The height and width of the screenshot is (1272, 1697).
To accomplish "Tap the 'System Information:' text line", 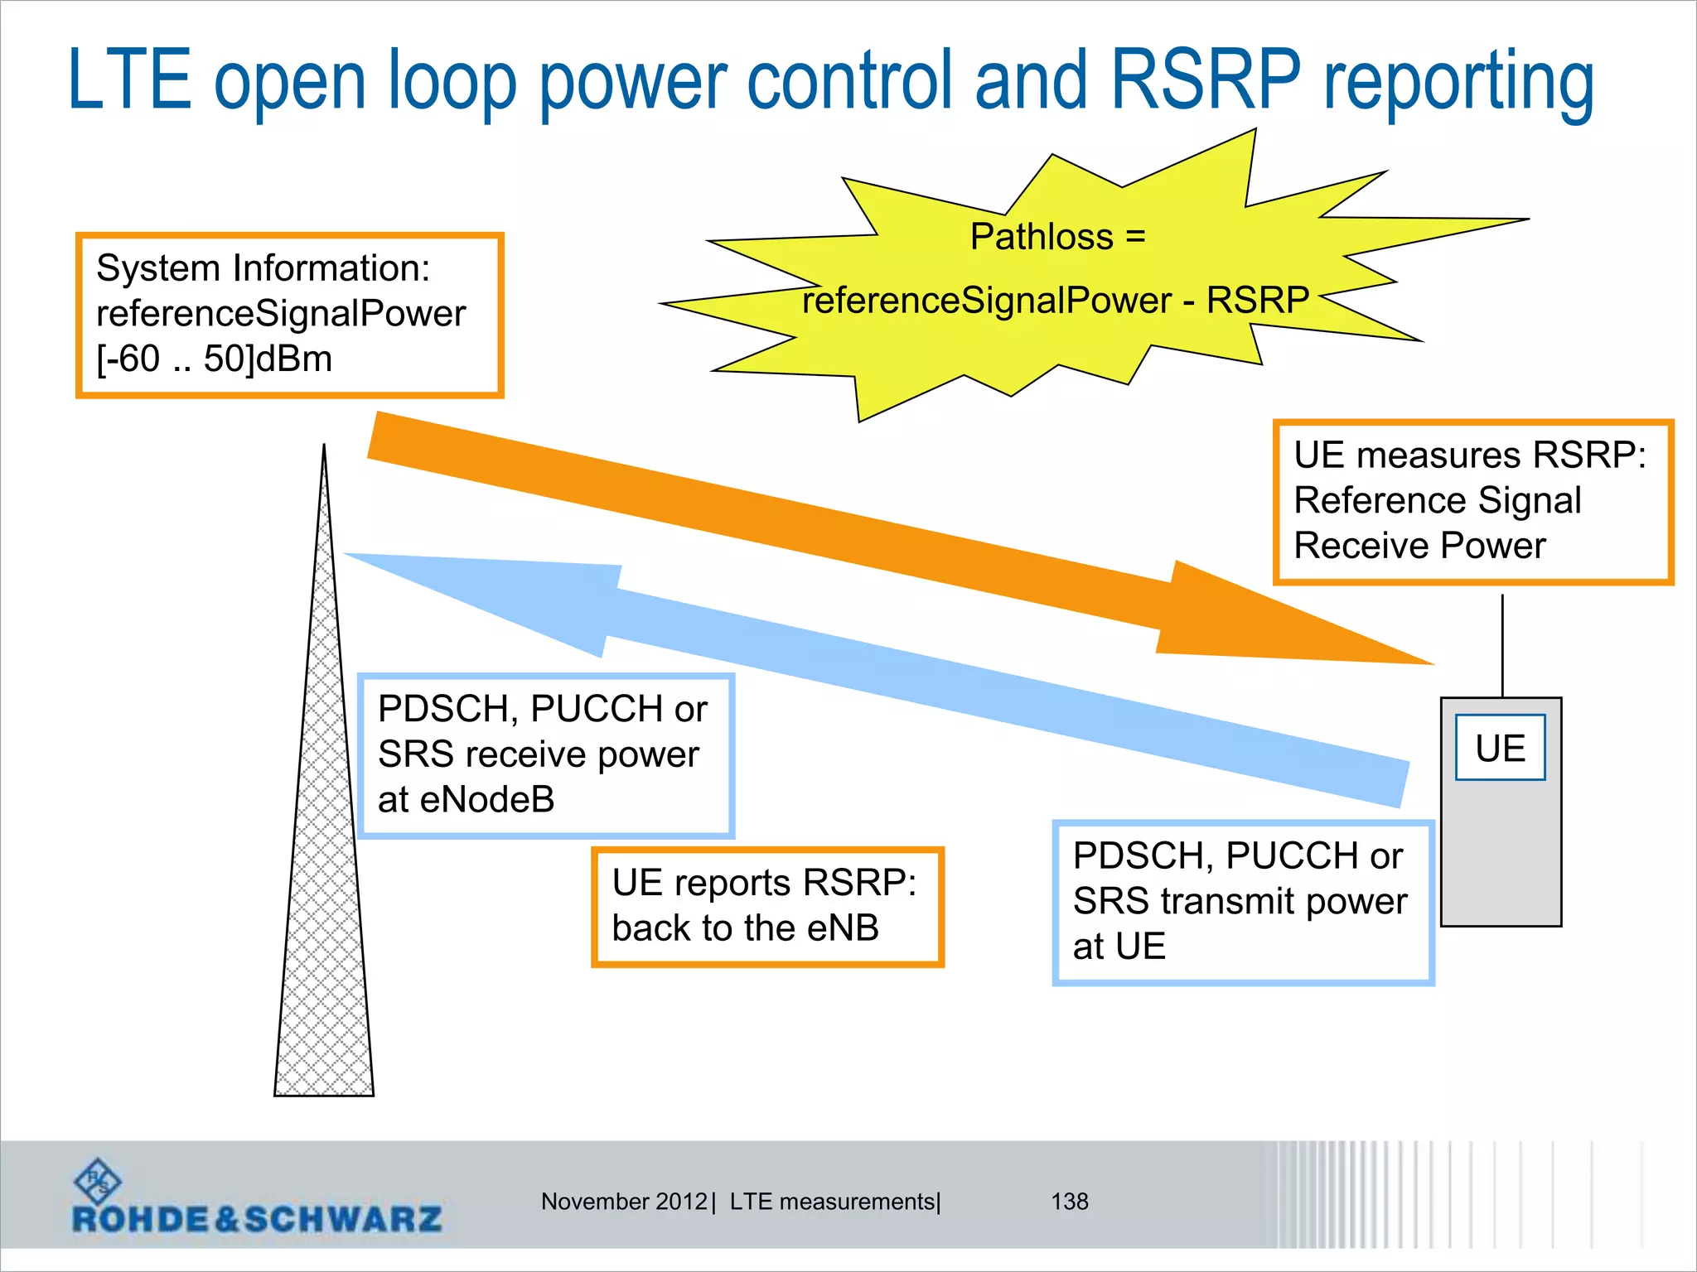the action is tap(263, 268).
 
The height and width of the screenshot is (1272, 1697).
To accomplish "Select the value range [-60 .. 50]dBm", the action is tap(214, 359).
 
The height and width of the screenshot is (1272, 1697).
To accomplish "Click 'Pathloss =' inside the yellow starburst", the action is tap(1057, 237).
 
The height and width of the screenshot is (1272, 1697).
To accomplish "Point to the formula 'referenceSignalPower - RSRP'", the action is tap(1055, 300).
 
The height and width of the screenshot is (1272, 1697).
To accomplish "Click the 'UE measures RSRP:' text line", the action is tap(1469, 455).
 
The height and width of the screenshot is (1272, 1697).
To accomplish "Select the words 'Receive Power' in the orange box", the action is tap(1419, 546).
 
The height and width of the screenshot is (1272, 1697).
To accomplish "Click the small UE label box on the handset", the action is tap(1500, 748).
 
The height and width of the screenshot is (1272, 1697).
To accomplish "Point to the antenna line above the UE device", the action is tap(1502, 646).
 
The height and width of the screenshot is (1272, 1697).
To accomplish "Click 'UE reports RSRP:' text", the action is tap(763, 883).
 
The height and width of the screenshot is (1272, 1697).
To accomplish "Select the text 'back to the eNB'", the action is tap(745, 928).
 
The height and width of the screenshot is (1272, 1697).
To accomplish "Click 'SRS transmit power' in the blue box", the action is tap(1240, 901).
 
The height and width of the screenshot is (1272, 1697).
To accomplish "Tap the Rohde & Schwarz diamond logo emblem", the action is tap(98, 1180).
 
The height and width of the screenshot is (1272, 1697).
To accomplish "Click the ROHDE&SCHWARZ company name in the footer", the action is tap(257, 1219).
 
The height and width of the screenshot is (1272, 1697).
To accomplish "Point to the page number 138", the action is tap(1069, 1202).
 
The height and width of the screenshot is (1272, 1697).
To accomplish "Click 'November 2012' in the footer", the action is tap(624, 1202).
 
